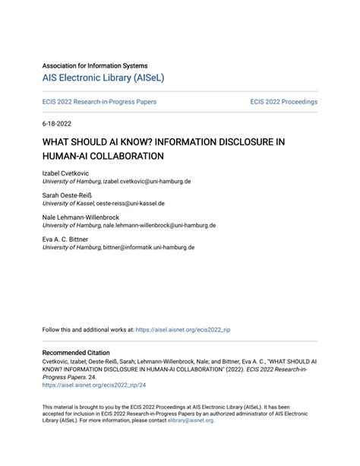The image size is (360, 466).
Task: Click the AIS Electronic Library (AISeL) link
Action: point(103,78)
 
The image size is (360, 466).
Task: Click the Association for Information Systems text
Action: point(95,65)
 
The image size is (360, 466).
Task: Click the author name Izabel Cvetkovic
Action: point(65,174)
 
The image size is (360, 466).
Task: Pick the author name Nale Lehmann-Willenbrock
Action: point(81,217)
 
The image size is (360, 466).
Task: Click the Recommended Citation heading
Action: point(76,353)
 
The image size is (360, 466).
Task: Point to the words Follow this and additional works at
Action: point(87,331)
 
